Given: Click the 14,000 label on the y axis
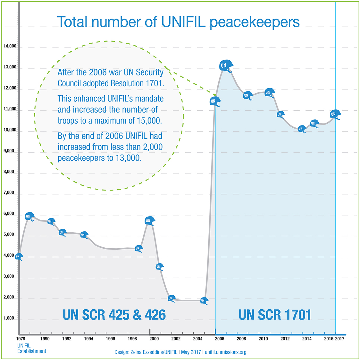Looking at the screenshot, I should point(10,46).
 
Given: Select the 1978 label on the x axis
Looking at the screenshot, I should point(21,339).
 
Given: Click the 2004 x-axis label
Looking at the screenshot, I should point(198,339).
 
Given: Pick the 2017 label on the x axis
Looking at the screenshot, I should point(339,339).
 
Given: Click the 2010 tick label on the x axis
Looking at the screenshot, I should point(263,339).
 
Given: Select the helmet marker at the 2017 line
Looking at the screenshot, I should point(335,114).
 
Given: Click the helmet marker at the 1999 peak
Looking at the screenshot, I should point(149,220).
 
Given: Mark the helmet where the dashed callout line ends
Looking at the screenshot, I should point(214,101).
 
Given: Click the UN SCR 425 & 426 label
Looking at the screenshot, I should point(114,315).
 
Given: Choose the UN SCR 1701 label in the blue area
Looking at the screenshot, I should point(275,315).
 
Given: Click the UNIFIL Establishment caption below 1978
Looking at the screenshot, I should point(31,348).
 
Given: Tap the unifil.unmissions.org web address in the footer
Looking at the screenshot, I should point(225,352).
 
